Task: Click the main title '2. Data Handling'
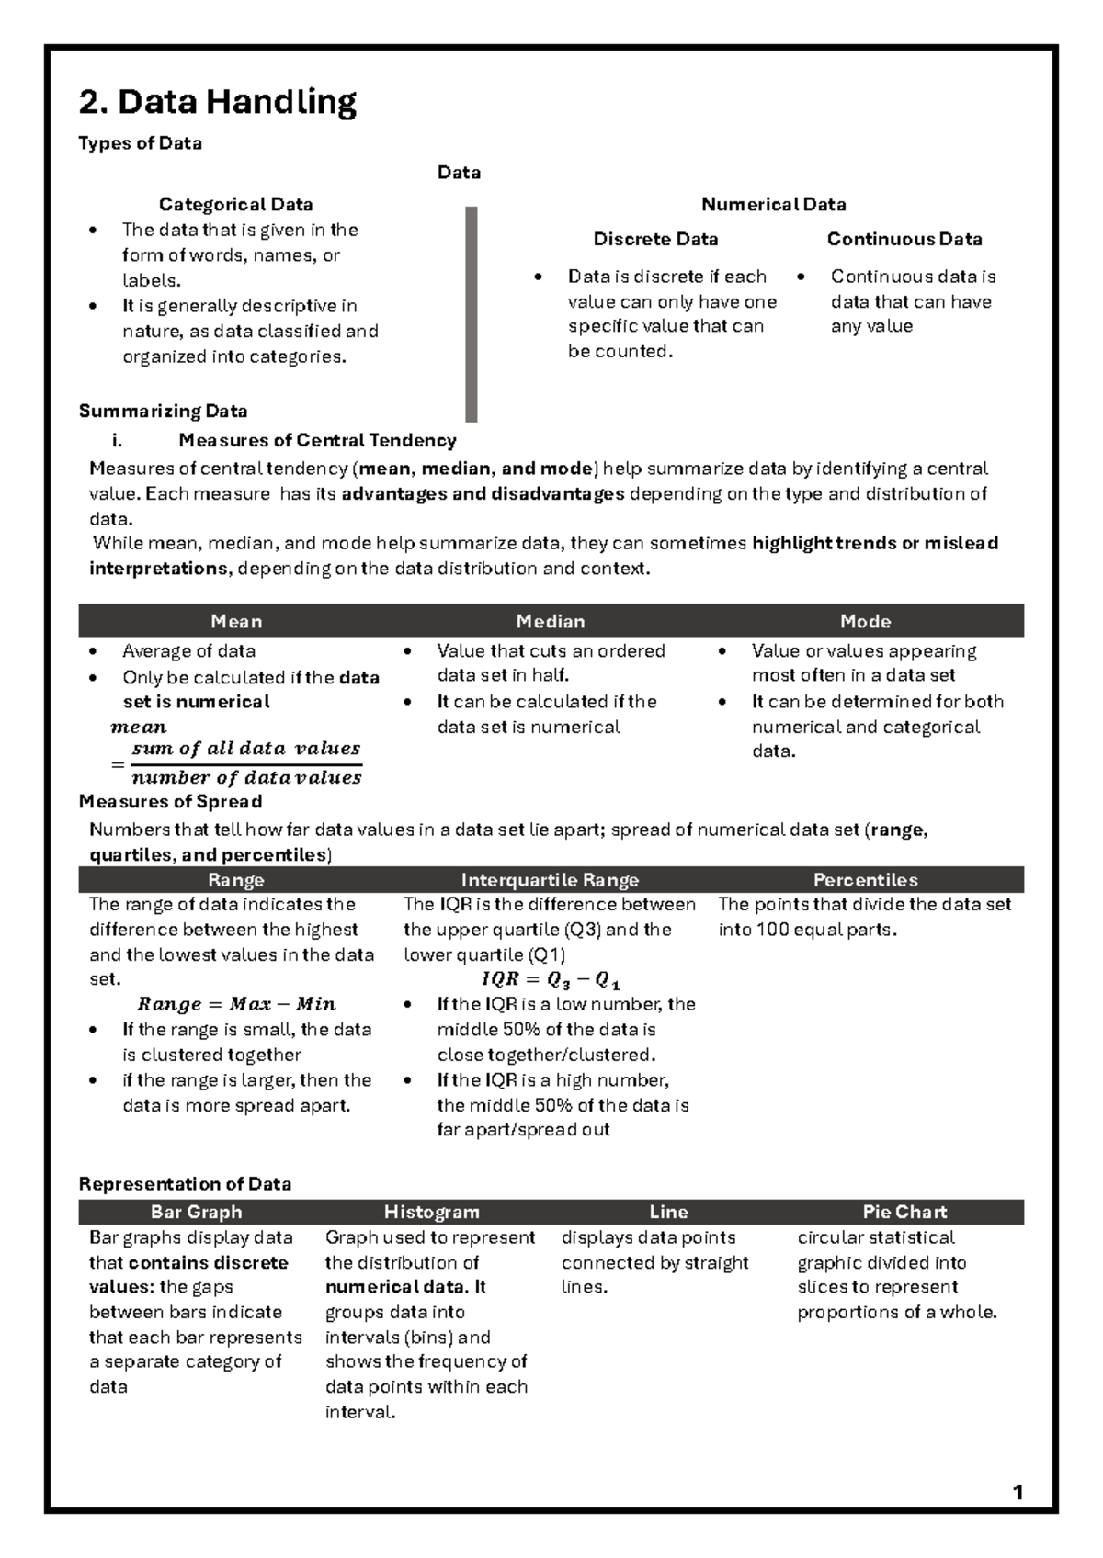point(217,102)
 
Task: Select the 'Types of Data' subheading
point(140,143)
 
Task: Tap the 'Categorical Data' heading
point(235,204)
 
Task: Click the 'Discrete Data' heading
point(655,239)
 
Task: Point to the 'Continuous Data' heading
point(904,239)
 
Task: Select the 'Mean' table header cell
point(236,621)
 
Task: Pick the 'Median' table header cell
point(551,621)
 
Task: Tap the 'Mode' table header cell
point(865,621)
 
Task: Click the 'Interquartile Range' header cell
point(550,880)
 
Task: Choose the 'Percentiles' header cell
point(865,880)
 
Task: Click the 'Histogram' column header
point(431,1212)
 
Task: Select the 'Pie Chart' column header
point(904,1212)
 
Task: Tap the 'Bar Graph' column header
point(196,1212)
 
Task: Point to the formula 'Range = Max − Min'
point(236,1004)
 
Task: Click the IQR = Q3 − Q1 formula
point(551,979)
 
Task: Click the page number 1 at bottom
point(1018,1493)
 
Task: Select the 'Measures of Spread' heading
point(170,801)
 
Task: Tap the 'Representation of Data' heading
point(185,1184)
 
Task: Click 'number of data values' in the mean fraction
point(246,778)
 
